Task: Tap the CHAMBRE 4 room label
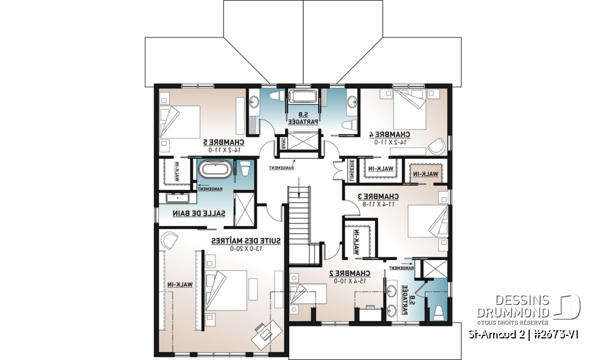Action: coord(389,133)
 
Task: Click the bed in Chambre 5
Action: coord(180,120)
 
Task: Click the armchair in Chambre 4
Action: coord(436,145)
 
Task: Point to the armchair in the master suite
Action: coord(169,239)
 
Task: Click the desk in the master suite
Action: coord(266,330)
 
